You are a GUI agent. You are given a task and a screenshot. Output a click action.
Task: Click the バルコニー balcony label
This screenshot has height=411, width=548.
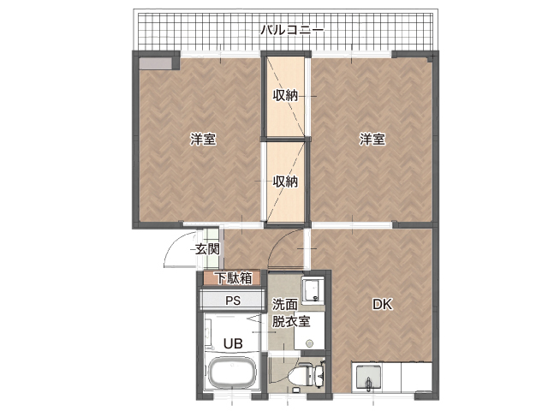292,31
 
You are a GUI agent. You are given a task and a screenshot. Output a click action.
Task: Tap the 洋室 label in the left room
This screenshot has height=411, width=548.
203,140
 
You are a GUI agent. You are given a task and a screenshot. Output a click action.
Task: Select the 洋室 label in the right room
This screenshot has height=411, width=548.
372,140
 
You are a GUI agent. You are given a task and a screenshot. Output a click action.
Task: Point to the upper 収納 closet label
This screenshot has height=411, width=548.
285,95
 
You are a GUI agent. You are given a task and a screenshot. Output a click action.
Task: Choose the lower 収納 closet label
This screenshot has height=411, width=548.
285,182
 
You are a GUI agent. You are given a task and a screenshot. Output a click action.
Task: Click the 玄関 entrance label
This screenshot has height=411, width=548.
207,249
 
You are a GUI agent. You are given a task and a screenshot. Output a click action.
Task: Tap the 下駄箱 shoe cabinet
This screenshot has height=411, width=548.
232,278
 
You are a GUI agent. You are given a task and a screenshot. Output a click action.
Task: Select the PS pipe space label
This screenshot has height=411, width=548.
233,301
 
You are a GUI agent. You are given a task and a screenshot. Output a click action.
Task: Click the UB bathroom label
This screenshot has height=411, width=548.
233,344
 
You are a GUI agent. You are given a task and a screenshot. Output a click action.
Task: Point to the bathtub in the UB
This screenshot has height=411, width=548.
232,374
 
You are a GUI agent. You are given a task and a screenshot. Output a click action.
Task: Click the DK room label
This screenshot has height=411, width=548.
383,305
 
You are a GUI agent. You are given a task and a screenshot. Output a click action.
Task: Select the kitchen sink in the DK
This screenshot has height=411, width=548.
368,378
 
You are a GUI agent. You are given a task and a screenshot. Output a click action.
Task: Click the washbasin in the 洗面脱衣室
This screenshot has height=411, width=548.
313,290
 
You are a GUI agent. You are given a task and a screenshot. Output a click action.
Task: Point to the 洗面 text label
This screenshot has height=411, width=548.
285,305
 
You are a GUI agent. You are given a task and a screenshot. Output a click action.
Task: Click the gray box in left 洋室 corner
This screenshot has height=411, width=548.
156,63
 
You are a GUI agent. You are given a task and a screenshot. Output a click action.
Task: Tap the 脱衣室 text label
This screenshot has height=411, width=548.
291,322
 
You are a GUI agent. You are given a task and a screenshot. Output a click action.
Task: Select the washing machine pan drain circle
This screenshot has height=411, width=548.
309,342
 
